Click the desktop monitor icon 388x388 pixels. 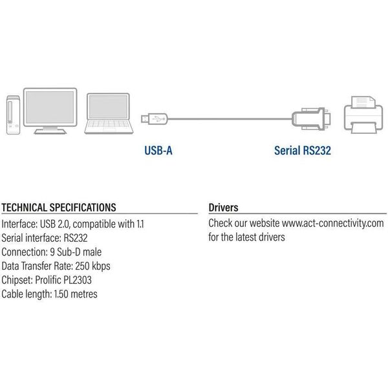pos(54,108)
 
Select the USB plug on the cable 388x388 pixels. pos(155,118)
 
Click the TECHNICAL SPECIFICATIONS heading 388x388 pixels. pos(59,208)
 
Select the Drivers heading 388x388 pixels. pos(224,208)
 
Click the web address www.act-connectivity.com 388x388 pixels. pos(332,224)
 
